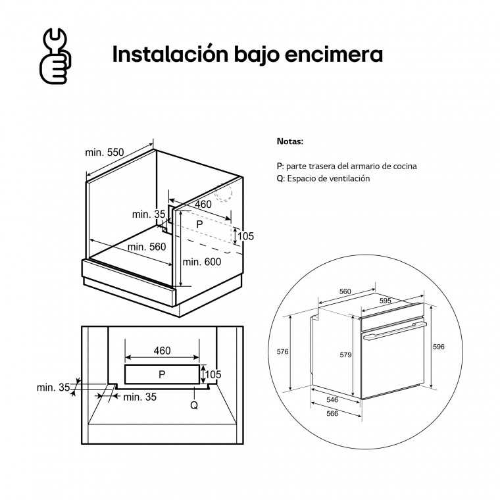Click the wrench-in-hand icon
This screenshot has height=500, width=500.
[55, 56]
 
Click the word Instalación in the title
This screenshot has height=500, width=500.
[170, 54]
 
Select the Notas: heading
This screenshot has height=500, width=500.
[290, 141]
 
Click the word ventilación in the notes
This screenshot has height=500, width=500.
[349, 178]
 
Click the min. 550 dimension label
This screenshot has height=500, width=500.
[104, 153]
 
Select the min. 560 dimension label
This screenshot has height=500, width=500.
[147, 247]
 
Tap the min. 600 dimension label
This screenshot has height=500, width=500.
[202, 262]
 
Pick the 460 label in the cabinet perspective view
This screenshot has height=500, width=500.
[203, 204]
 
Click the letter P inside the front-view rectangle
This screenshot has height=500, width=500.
[162, 374]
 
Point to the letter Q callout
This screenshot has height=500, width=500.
[194, 405]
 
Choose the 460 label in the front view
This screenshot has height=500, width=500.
[162, 351]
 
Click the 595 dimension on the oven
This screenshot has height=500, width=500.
[386, 301]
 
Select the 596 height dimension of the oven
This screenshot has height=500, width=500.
[438, 347]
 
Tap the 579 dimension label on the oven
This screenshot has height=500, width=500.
[345, 355]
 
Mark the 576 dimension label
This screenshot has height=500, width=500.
[282, 351]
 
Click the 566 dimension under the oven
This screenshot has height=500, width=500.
[332, 414]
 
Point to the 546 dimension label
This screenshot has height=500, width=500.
[332, 399]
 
